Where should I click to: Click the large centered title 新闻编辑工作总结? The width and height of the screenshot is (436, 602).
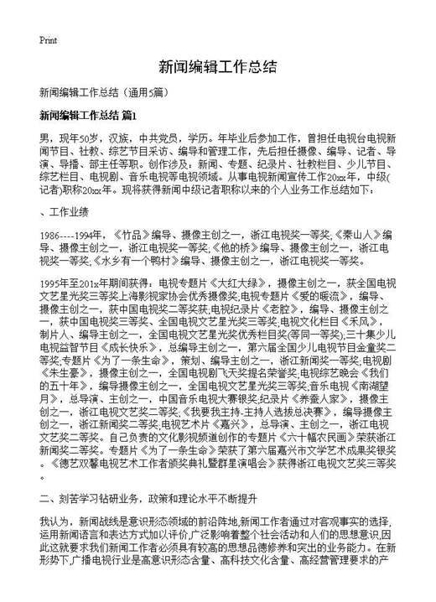coord(217,66)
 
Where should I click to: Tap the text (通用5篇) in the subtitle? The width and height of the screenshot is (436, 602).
coord(152,92)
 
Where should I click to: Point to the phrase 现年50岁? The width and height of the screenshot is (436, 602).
coord(72,136)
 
